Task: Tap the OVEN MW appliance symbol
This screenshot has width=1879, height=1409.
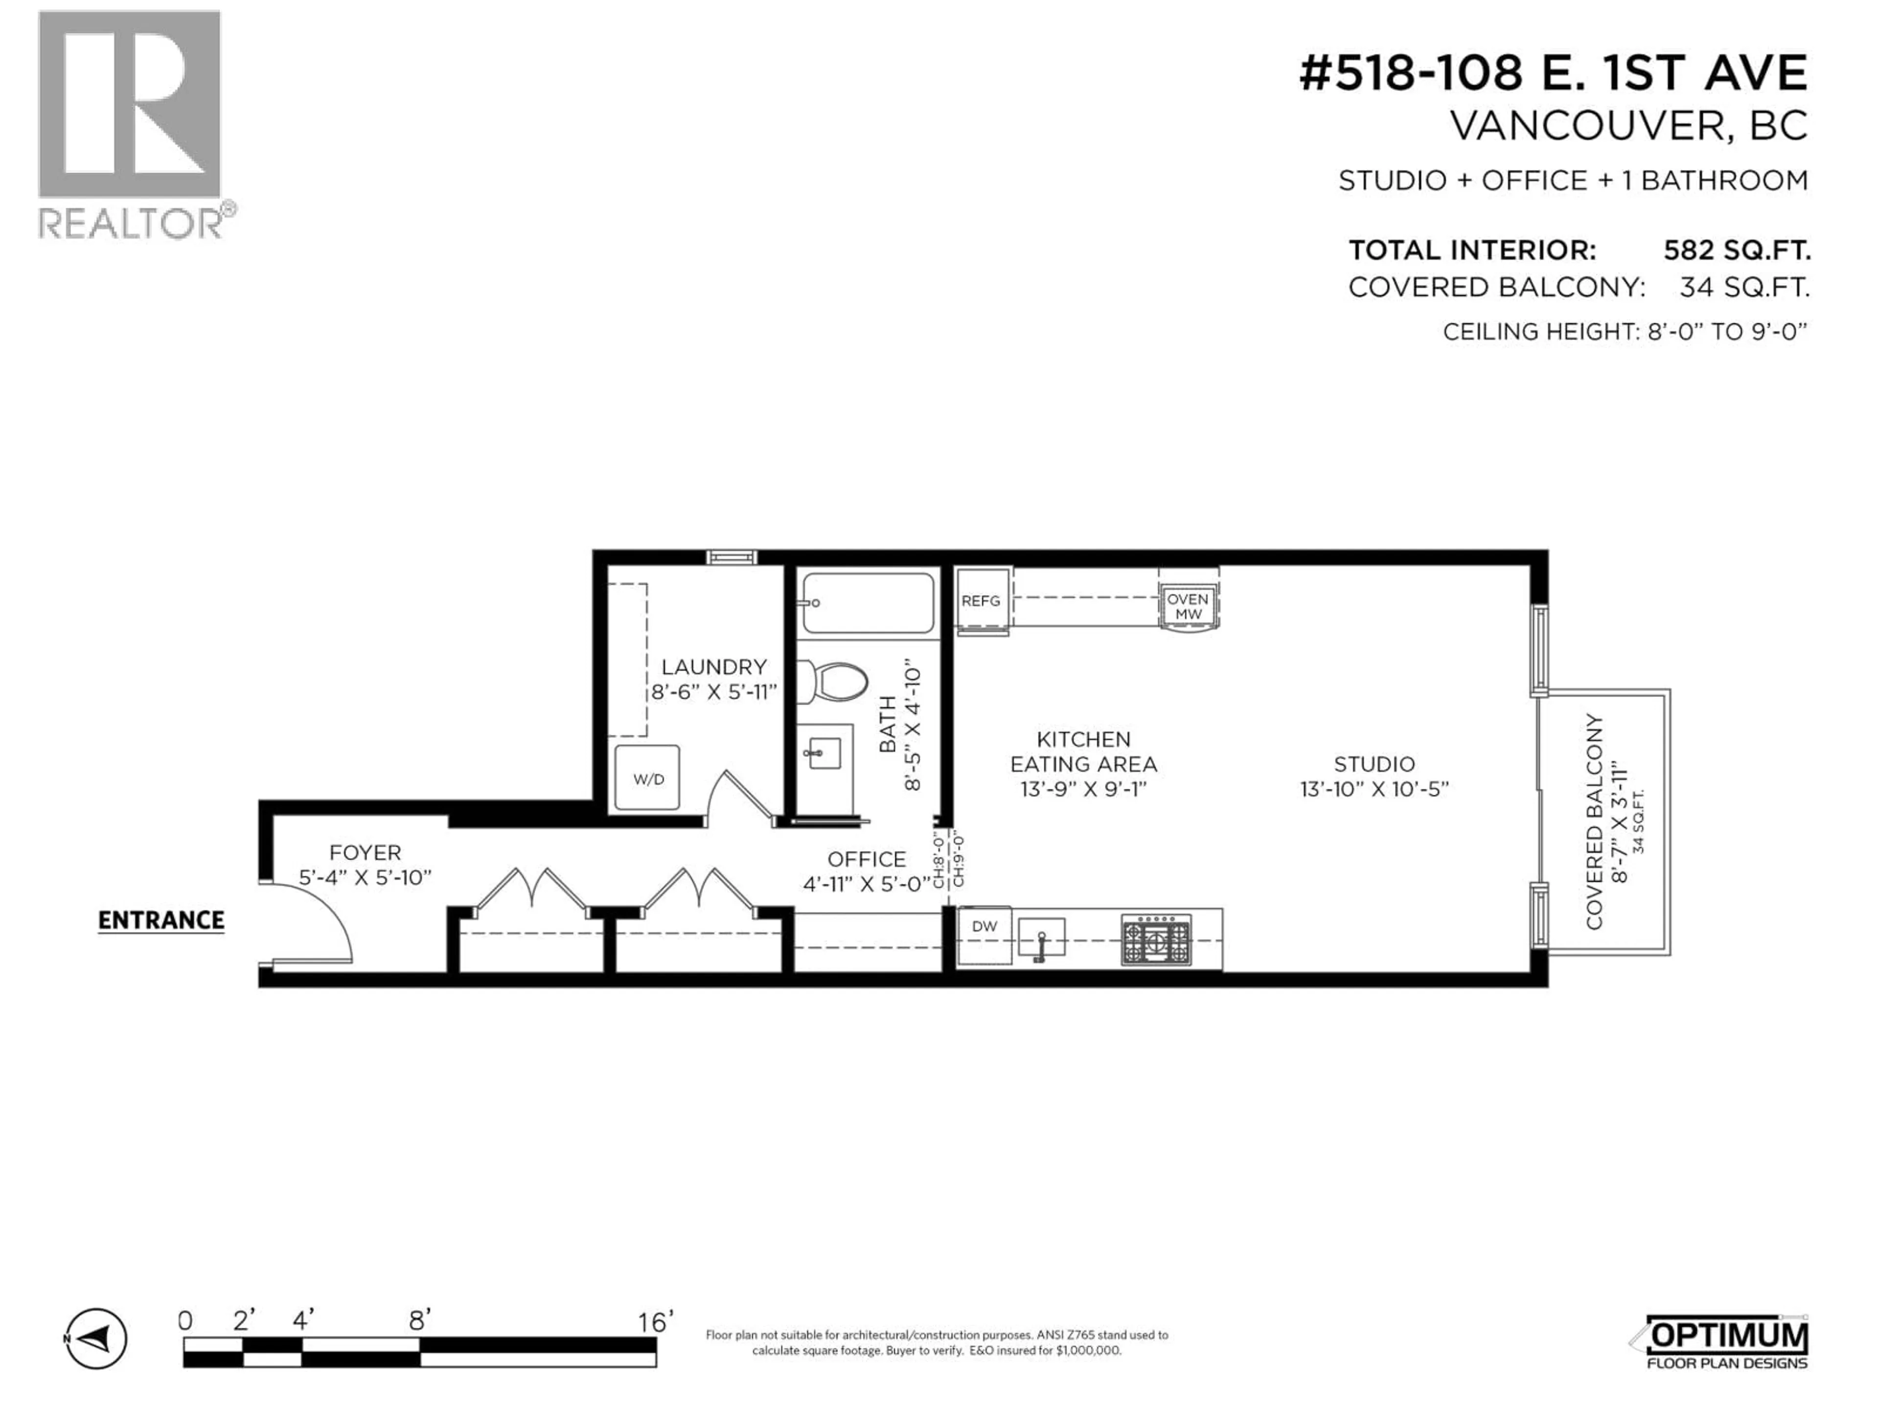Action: click(1188, 606)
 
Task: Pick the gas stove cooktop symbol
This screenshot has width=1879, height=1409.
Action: click(1156, 939)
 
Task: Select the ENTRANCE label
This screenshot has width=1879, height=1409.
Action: click(160, 921)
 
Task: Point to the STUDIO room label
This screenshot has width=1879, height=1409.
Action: click(1374, 764)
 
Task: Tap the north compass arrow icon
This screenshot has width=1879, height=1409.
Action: click(96, 1340)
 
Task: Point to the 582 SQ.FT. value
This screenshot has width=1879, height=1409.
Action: click(1736, 250)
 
